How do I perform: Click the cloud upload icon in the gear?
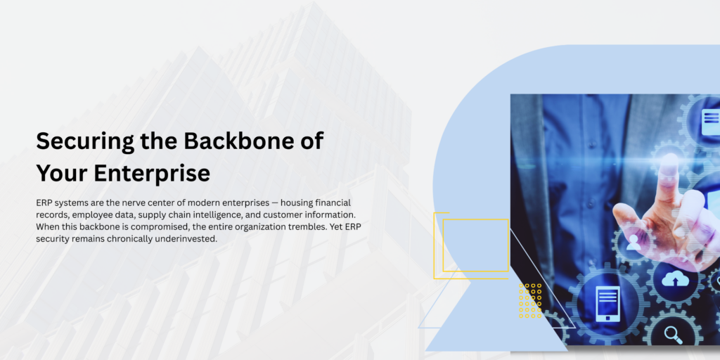675,278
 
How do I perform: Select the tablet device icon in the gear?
607,304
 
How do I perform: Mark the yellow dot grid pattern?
530,301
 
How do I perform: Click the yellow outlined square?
475,245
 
